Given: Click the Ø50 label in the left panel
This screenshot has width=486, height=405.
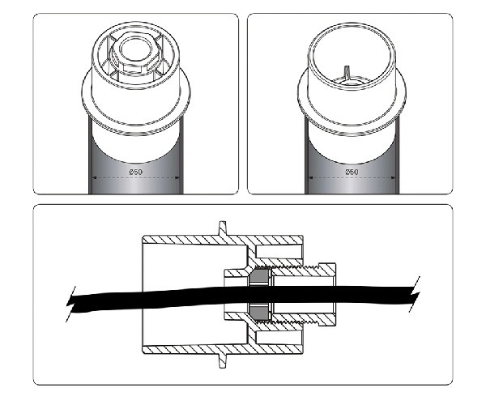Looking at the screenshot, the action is tap(136, 172).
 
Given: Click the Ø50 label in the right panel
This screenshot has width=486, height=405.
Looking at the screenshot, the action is tap(352, 172).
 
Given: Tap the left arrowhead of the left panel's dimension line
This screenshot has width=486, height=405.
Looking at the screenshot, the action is tap(95, 178).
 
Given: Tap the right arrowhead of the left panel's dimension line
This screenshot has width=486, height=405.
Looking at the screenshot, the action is tap(177, 178).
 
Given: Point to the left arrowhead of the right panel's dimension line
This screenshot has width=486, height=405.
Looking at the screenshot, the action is tap(310, 178).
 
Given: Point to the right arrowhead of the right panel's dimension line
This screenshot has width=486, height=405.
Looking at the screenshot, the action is tap(393, 178).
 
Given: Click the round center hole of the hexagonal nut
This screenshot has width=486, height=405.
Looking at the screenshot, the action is tap(135, 49).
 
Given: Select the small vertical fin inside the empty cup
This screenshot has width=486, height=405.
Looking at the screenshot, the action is tap(347, 73).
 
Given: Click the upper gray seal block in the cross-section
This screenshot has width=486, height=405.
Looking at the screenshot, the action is tap(259, 276).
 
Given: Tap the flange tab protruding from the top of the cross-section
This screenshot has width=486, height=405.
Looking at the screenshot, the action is tap(223, 228).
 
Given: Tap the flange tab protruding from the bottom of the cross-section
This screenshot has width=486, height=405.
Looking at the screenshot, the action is tap(223, 360).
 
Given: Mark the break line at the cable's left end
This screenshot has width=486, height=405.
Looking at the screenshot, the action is tap(70, 305).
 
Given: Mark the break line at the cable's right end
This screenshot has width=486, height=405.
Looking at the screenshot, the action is tap(415, 294).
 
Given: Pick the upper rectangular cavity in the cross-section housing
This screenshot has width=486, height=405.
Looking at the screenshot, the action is tap(279, 252).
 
